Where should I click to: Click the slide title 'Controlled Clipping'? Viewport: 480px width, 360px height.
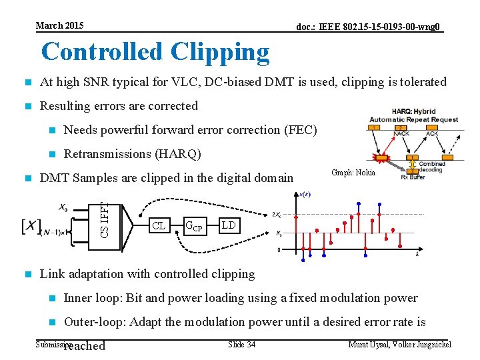tap(155, 52)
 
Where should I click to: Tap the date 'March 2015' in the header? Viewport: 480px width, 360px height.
tap(60, 25)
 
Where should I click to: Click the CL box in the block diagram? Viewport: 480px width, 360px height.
tap(158, 225)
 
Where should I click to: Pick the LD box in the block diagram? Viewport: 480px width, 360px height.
tap(229, 225)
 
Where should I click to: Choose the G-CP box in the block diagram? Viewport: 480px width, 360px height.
tap(193, 225)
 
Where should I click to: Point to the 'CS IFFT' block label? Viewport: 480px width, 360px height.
tap(105, 213)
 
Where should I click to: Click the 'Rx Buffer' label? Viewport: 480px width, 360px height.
tap(413, 177)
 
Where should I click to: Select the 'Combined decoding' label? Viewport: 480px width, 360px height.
tap(432, 166)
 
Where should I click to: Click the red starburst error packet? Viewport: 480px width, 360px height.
tap(382, 158)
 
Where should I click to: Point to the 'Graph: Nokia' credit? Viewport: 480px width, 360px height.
tap(353, 173)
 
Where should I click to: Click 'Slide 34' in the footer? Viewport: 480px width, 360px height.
tap(241, 344)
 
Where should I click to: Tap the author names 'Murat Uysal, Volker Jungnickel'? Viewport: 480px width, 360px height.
tap(400, 344)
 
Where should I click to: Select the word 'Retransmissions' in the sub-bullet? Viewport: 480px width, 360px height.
tap(107, 154)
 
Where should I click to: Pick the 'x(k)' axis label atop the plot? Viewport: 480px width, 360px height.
tap(305, 194)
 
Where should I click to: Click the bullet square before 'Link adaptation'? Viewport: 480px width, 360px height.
tap(27, 274)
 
